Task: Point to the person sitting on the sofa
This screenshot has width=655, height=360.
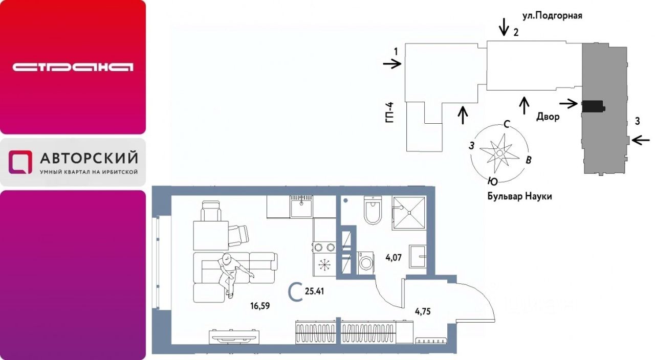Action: pyautogui.click(x=230, y=271)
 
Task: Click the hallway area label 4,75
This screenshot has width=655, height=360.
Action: pyautogui.click(x=423, y=309)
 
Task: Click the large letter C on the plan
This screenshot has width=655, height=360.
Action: pyautogui.click(x=294, y=292)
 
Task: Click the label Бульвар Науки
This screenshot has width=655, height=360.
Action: pyautogui.click(x=520, y=196)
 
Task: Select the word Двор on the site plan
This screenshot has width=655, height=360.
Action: pyautogui.click(x=548, y=117)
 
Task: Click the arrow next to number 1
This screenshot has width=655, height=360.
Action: pyautogui.click(x=392, y=64)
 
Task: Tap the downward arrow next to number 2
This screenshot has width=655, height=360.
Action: pyautogui.click(x=505, y=25)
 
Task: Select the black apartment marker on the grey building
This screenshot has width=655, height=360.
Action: pyautogui.click(x=593, y=105)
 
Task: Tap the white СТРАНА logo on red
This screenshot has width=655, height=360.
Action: pyautogui.click(x=73, y=67)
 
